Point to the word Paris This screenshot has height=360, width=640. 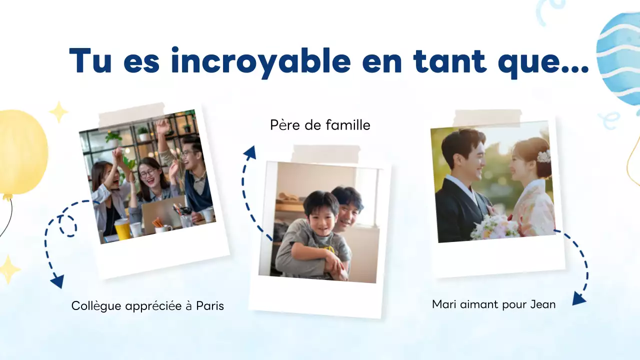(210, 305)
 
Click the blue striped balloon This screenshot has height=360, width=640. (620, 57)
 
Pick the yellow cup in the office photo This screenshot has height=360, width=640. (122, 229)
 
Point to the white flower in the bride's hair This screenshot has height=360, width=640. (543, 156)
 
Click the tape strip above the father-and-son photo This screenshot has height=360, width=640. (325, 154)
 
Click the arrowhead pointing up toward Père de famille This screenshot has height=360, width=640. (249, 152)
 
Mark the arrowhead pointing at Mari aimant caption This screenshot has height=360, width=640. (579, 298)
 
